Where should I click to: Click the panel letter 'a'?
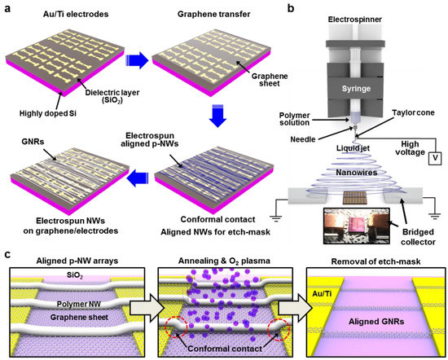pos(7,7)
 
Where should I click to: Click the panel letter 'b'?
pos(288,7)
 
